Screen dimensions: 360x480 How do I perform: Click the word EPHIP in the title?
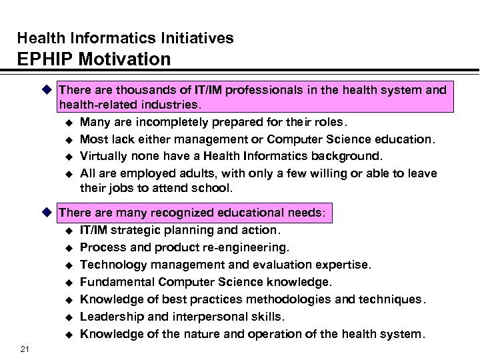41,59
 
